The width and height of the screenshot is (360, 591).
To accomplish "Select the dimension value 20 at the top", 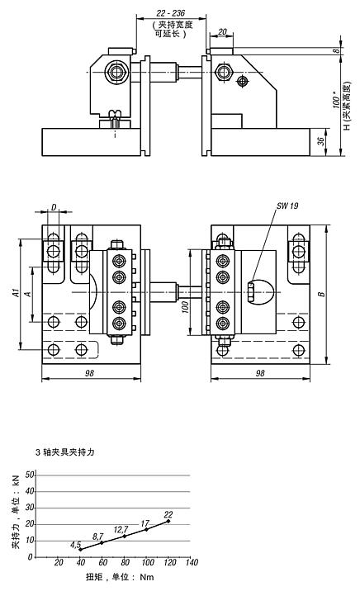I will point(223,32).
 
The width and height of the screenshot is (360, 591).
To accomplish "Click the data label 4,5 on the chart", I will point(75,545).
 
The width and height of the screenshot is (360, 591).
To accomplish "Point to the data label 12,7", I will point(121,529).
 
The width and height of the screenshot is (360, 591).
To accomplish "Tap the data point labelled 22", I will point(168,521).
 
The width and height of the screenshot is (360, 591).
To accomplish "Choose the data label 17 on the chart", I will point(145,523).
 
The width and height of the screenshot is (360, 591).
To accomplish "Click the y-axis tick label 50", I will point(31,475).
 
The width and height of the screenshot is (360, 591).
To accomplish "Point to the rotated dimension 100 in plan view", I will point(185,305).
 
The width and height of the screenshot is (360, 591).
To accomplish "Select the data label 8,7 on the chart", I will point(97,537).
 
